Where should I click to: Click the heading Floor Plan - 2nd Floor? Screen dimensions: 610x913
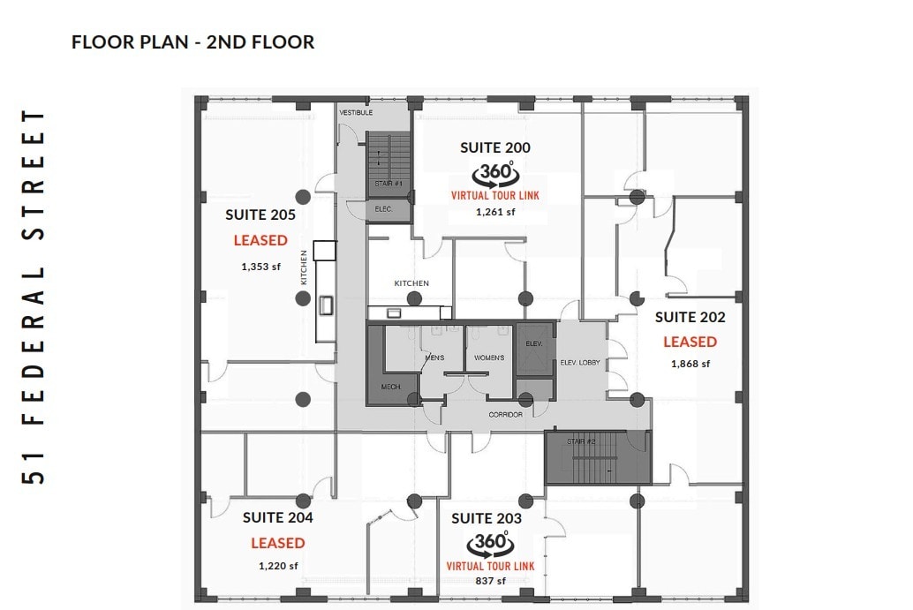pos(192,41)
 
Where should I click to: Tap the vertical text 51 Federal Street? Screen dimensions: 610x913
pos(36,297)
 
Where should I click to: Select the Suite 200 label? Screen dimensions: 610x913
pos(495,148)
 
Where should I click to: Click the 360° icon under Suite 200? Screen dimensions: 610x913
pos(494,173)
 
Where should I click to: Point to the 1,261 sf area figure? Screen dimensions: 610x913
pos(494,212)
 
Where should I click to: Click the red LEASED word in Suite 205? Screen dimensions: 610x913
pos(260,240)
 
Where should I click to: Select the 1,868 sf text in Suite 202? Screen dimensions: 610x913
pos(690,363)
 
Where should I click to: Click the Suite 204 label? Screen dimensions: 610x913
pos(277,517)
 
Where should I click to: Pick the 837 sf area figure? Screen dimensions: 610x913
pos(490,581)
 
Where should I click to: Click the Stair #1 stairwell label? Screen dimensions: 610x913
pos(388,184)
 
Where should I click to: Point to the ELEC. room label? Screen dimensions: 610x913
pos(383,209)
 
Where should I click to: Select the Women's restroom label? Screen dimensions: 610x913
pos(489,358)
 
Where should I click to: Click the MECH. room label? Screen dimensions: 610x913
pos(391,388)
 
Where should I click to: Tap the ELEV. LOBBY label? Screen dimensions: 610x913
pos(580,362)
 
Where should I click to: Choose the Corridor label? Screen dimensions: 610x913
pos(505,414)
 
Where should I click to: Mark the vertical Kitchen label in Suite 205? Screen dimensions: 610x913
pos(304,267)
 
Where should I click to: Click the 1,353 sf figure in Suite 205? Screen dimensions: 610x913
pos(260,266)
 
